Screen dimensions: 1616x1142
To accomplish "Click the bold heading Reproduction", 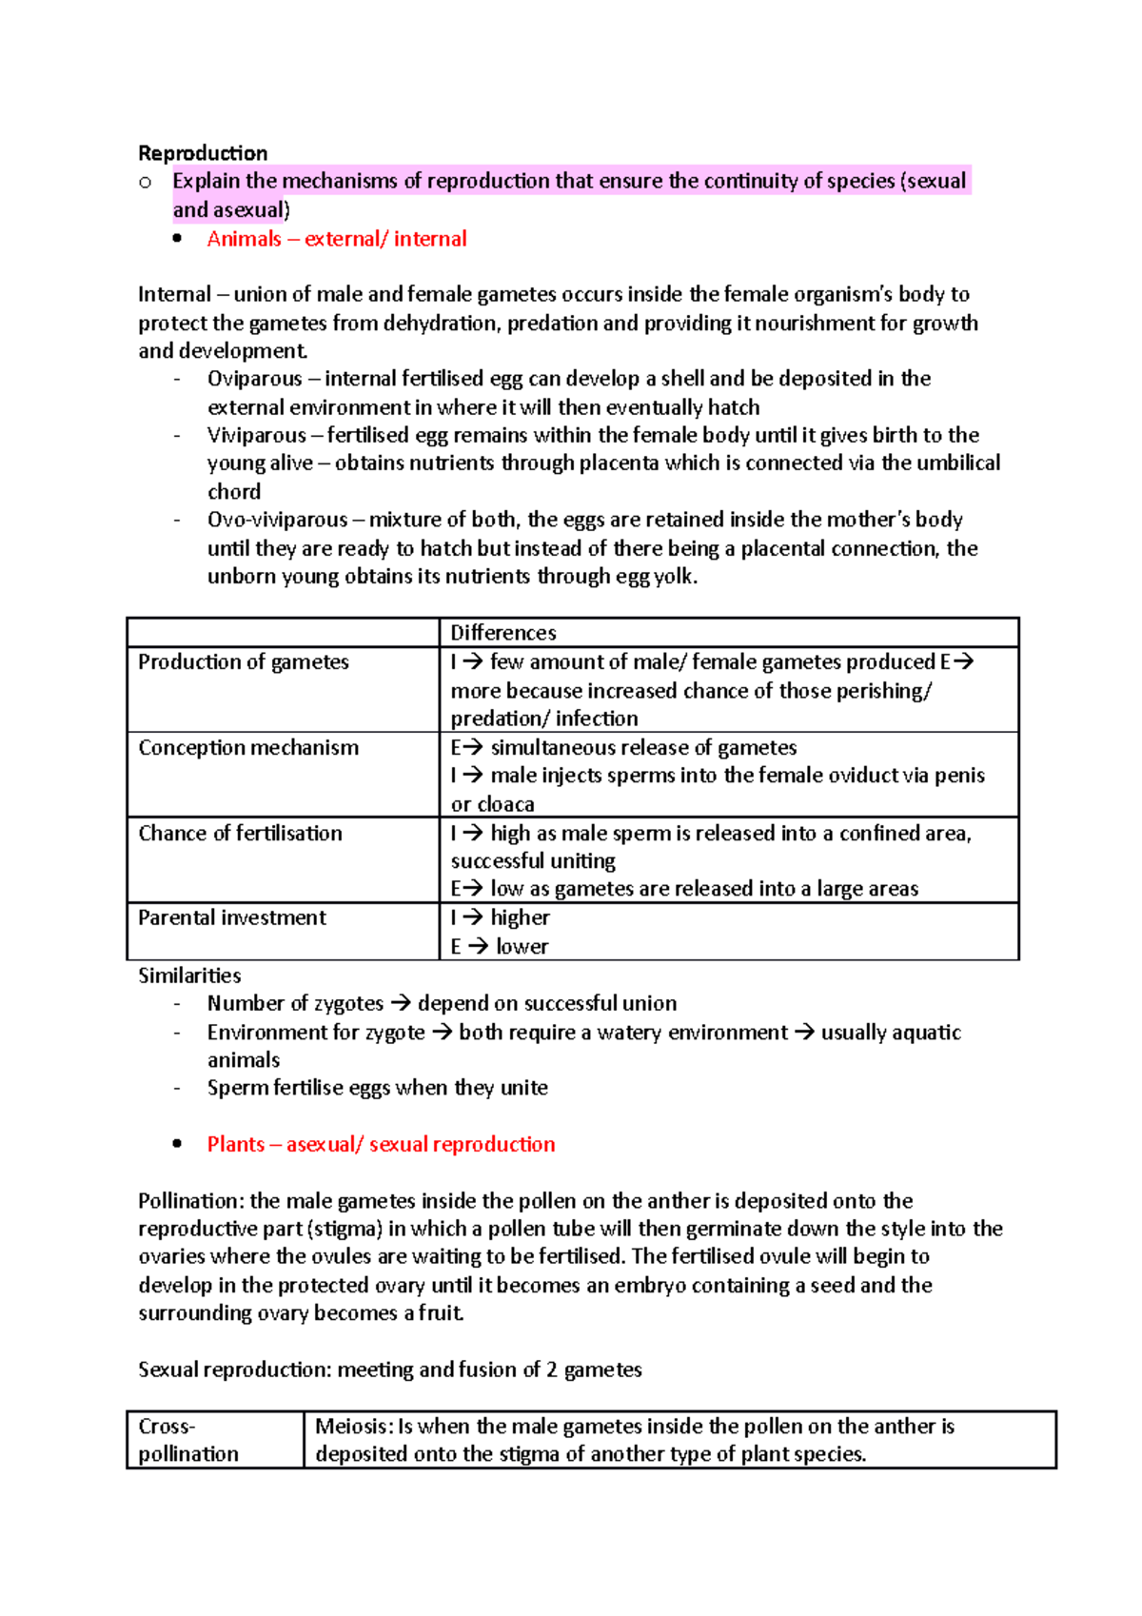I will (203, 153).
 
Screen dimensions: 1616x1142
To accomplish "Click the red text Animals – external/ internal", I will (337, 239).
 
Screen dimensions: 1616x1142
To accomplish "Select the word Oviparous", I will (254, 379).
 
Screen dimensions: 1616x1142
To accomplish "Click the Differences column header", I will (502, 633).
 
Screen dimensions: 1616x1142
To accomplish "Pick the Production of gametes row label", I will (244, 662).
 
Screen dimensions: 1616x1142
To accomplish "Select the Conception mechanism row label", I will (248, 748).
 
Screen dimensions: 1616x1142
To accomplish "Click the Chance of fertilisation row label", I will (240, 834).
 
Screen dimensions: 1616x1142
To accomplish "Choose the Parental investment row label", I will (232, 918).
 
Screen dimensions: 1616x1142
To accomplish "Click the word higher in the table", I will (520, 918).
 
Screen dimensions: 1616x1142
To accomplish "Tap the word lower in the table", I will (522, 947).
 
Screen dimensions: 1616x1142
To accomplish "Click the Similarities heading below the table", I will (189, 976).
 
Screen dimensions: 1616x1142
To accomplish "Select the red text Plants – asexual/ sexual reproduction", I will (381, 1145).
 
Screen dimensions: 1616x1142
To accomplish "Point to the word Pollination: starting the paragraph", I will (190, 1201).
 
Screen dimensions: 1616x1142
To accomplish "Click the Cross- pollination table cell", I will (188, 1440).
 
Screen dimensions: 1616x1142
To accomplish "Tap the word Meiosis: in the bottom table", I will (353, 1427).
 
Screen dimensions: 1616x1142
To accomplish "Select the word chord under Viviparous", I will (234, 492).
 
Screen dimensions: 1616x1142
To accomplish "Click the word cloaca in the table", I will (505, 805).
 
